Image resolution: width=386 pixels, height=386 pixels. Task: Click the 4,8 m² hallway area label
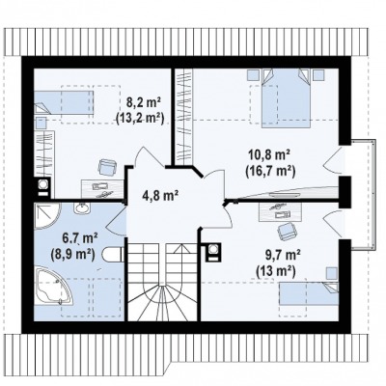(x=160, y=195)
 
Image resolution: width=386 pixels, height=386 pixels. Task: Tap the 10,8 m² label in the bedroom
(x=269, y=154)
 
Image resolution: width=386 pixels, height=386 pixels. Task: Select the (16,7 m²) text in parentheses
(x=270, y=172)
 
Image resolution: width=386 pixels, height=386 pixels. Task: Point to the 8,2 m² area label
(x=143, y=102)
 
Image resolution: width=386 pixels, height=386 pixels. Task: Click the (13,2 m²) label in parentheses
(x=140, y=119)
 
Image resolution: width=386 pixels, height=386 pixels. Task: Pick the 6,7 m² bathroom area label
(x=80, y=238)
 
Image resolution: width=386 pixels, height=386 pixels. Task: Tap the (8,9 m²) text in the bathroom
(x=72, y=255)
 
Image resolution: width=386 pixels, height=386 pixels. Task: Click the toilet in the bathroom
(x=113, y=255)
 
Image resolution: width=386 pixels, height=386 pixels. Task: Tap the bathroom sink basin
(x=83, y=208)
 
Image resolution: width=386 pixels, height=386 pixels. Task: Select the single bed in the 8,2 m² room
(x=64, y=102)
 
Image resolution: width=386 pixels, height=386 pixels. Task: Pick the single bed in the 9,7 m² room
(x=309, y=292)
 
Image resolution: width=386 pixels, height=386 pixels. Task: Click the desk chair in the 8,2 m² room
(x=107, y=167)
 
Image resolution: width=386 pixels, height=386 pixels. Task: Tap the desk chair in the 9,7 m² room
(x=287, y=231)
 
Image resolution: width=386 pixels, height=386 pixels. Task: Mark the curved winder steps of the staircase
(x=162, y=302)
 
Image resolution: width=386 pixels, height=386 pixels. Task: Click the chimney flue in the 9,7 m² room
(x=213, y=251)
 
